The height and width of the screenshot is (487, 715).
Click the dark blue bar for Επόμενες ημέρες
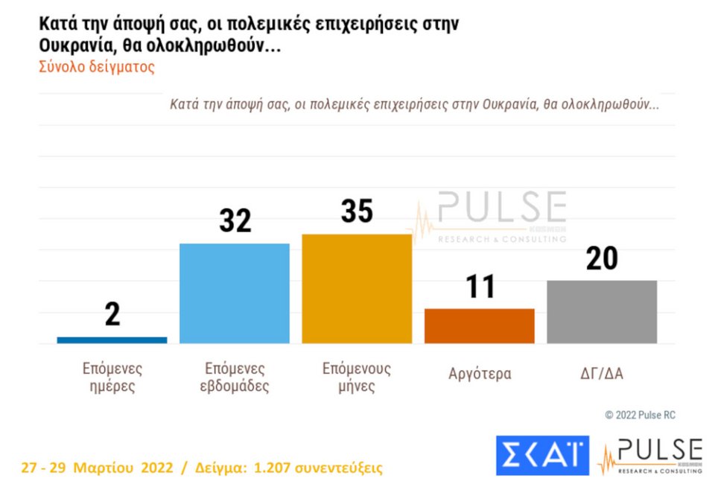coord(112,340)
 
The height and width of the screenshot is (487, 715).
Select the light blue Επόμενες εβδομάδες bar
coord(235,293)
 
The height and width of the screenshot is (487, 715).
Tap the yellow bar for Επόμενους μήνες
coord(357,289)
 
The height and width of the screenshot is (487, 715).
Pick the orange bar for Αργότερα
coord(480,326)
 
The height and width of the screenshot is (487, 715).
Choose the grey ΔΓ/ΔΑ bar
coord(602,312)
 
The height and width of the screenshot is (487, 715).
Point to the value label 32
coord(235,221)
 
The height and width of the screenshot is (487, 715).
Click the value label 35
coord(357,211)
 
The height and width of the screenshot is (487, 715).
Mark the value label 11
coord(480,287)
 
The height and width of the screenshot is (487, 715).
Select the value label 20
coord(602,258)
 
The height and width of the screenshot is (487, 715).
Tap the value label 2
coord(112,315)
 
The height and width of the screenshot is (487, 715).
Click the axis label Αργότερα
coord(480,374)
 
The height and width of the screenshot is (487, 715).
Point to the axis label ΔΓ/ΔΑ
coord(602,374)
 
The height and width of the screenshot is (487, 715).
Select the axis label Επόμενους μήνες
coord(357,378)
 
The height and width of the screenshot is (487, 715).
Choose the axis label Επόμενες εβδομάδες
coord(235,378)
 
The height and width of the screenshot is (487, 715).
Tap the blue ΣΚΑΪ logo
coord(542,455)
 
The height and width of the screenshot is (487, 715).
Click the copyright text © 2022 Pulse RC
coord(640,415)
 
